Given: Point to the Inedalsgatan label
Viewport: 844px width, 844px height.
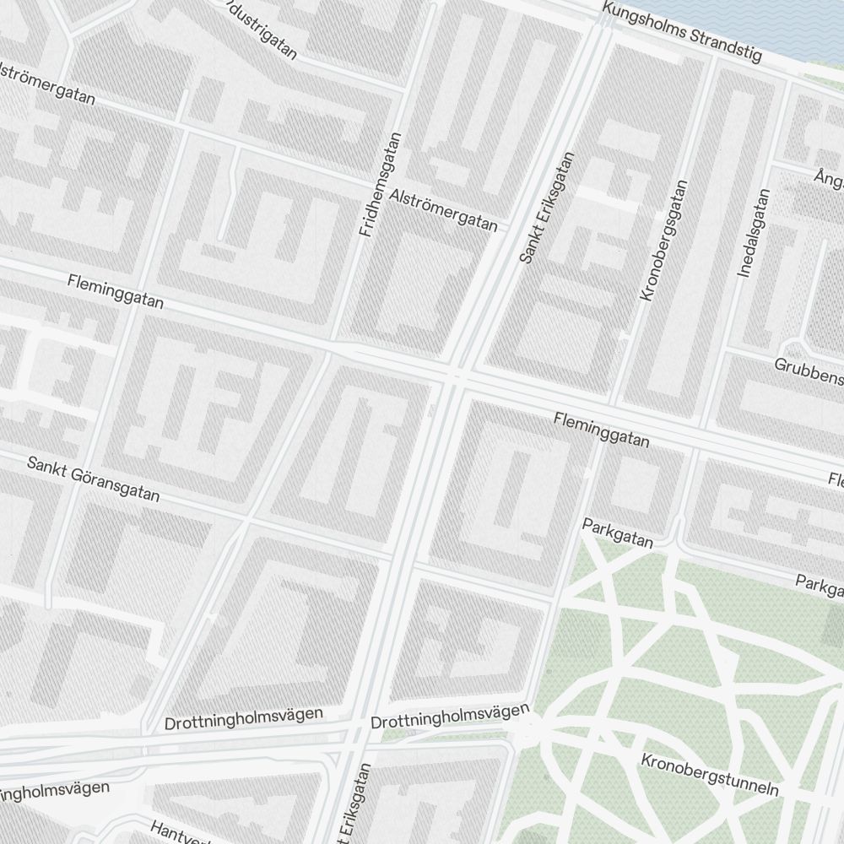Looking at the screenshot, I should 755,234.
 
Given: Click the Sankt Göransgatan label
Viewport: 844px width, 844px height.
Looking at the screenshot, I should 93,479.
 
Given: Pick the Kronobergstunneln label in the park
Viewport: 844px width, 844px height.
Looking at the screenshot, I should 709,775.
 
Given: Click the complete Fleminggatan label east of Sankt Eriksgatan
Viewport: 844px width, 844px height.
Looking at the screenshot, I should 602,429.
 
